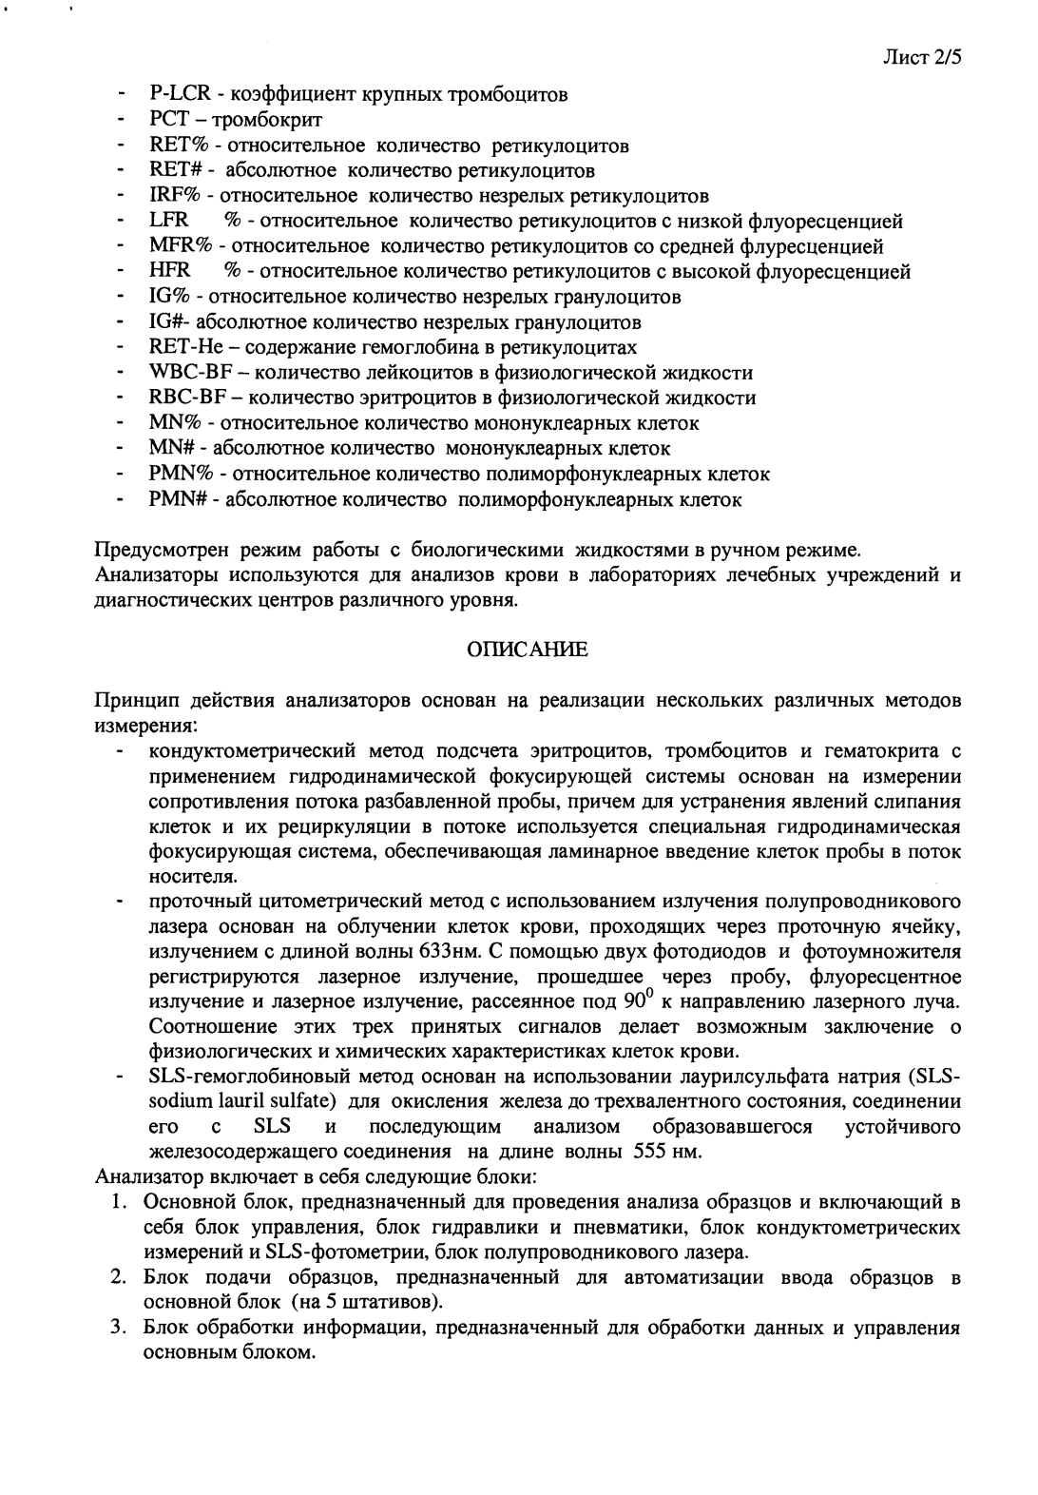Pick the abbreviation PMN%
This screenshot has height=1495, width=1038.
click(x=174, y=474)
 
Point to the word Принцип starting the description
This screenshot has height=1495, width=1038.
click(x=131, y=702)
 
